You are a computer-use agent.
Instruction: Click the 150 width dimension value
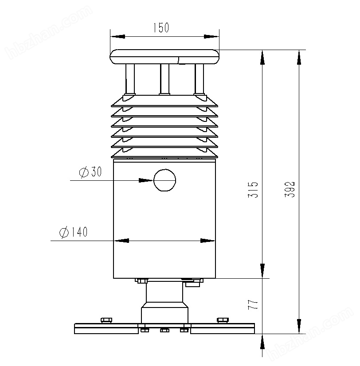(161, 27)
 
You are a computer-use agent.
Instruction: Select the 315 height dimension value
(253, 190)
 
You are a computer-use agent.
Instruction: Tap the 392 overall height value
(290, 189)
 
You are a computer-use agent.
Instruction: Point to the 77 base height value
(253, 304)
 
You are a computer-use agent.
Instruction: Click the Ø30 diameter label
(90, 172)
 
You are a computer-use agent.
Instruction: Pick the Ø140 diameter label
(73, 232)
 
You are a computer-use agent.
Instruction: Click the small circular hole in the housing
(164, 180)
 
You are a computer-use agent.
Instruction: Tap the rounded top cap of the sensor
(164, 57)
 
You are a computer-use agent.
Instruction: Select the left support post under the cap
(130, 79)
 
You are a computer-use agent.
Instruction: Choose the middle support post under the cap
(164, 79)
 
